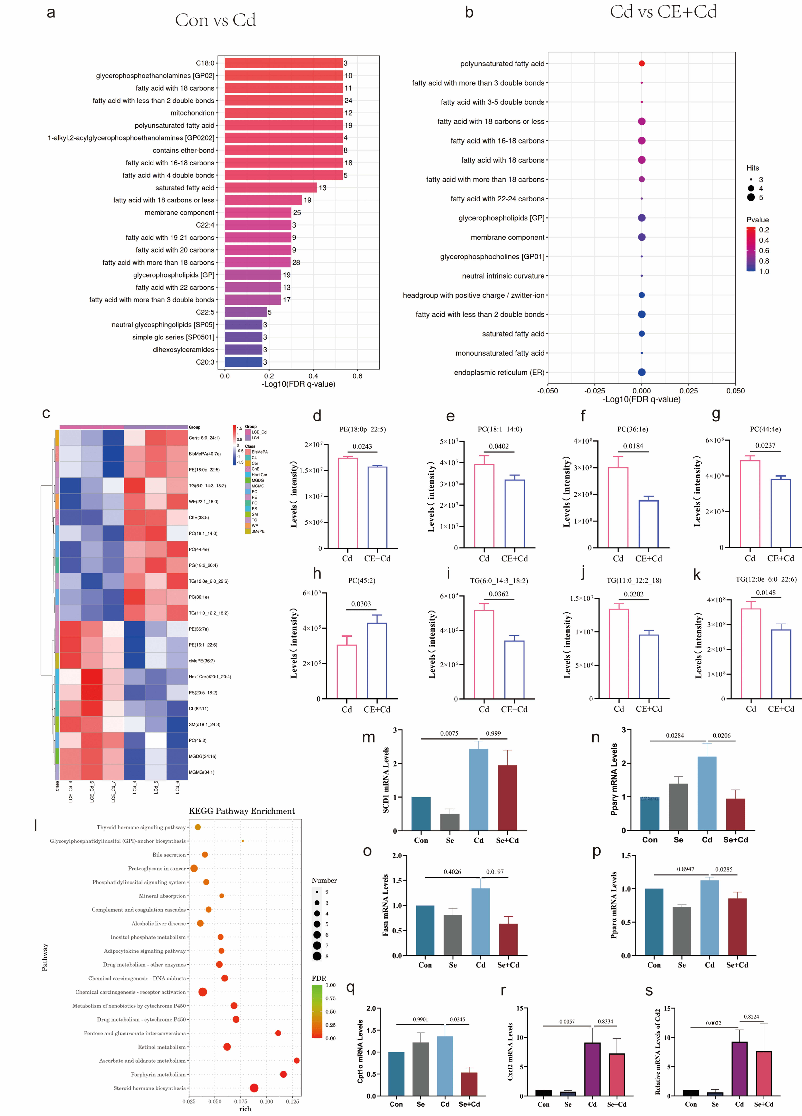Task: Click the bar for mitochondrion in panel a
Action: click(x=283, y=113)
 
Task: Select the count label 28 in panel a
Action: click(x=296, y=262)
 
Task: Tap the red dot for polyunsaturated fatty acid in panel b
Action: click(x=641, y=64)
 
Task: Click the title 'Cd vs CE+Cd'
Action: click(x=663, y=12)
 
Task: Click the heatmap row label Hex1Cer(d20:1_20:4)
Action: click(x=210, y=677)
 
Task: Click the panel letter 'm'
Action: click(x=368, y=737)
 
